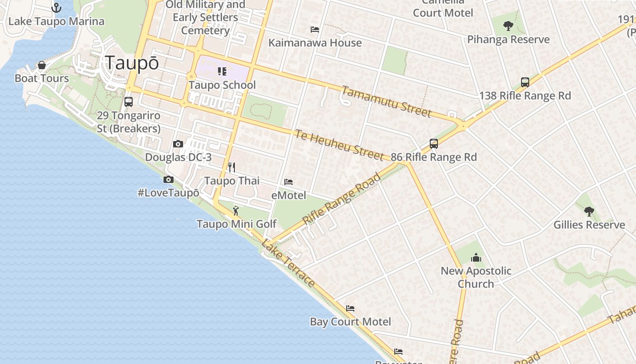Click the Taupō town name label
tap(132, 63)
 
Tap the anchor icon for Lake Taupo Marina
tap(56, 8)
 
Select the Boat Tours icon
tap(42, 65)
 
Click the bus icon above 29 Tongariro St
tap(129, 102)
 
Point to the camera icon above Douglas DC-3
tap(178, 144)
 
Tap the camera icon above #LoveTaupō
tap(169, 179)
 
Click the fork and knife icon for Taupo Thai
tap(232, 167)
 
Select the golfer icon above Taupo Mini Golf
tap(236, 211)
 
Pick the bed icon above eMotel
tap(288, 182)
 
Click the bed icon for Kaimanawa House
tap(315, 30)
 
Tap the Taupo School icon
tap(222, 71)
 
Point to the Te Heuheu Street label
tap(339, 145)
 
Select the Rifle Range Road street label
tap(342, 198)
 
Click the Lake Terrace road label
tap(288, 263)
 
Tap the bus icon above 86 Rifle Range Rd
tap(434, 144)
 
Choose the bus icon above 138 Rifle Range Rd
tap(525, 82)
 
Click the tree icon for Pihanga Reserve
tap(508, 26)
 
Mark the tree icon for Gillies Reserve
tap(589, 211)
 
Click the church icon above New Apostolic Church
tap(476, 258)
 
